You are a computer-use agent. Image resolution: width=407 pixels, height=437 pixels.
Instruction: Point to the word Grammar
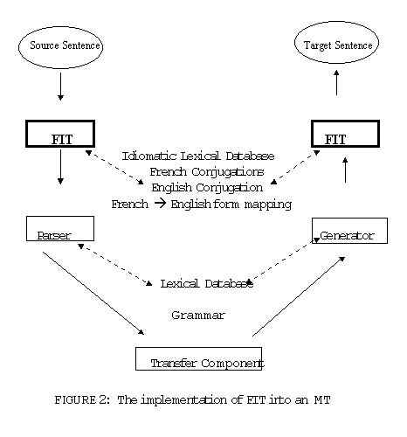[x=198, y=316]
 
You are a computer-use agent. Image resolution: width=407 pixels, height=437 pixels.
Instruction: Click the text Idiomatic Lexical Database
[x=198, y=156]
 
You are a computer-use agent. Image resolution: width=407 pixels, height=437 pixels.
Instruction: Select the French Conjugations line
[x=207, y=172]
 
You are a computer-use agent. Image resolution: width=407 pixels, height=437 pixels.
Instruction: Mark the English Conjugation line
[x=207, y=188]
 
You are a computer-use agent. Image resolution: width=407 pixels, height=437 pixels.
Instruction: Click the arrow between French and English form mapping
[x=160, y=204]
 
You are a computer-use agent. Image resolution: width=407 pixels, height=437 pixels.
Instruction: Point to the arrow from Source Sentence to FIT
[x=60, y=87]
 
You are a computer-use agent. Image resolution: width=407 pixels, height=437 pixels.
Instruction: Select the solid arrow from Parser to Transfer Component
[x=93, y=293]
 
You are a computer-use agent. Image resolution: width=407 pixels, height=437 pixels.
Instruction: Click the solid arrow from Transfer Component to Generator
[x=299, y=296]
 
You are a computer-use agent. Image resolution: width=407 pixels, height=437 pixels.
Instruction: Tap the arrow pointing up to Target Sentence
[x=336, y=82]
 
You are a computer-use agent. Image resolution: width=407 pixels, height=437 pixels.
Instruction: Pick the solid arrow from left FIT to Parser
[x=60, y=167]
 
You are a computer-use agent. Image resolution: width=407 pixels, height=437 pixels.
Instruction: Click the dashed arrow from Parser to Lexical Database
[x=115, y=265]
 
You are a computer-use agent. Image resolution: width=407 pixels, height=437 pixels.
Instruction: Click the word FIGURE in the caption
[x=75, y=400]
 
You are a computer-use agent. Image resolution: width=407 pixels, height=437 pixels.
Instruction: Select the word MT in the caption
[x=322, y=400]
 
